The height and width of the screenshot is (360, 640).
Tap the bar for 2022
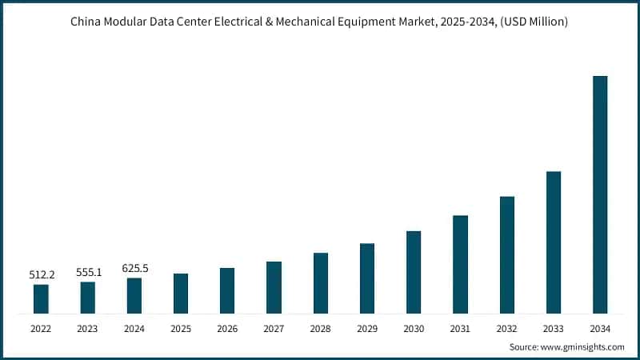coord(41,298)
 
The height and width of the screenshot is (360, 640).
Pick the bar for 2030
coord(414,272)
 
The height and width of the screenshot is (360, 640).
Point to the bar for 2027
coord(274,287)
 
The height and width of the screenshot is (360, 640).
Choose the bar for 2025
coord(181,293)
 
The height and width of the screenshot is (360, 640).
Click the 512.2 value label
coord(41,275)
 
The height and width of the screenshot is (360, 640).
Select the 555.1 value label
coord(87,272)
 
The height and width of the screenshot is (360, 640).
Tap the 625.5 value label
coord(134,268)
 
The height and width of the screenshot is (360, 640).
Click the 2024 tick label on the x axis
coord(134,328)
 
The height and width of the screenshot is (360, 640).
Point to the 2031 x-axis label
coord(460,328)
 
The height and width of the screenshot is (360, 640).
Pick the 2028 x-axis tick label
coord(320,328)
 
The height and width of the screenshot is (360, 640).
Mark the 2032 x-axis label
coord(506,328)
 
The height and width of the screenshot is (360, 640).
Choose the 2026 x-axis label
coord(227,328)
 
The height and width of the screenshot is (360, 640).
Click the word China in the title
coord(87,22)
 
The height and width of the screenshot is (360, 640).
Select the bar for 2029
coord(366,278)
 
